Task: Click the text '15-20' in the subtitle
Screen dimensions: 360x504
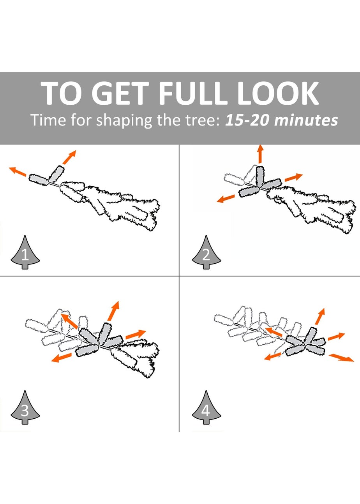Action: pyautogui.click(x=247, y=120)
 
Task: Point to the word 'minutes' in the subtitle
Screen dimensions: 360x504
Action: pyautogui.click(x=306, y=120)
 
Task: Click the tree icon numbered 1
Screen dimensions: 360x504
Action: pyautogui.click(x=25, y=252)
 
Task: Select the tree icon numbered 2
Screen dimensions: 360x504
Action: pyautogui.click(x=206, y=252)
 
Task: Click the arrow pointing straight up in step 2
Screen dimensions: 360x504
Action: pyautogui.click(x=261, y=154)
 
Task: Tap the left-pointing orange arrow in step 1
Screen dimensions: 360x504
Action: pyautogui.click(x=18, y=171)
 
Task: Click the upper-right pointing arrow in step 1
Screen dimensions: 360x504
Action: pyautogui.click(x=69, y=157)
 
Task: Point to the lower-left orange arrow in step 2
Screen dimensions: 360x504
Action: pyautogui.click(x=226, y=199)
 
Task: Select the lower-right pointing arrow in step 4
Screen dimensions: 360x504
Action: pyautogui.click(x=342, y=358)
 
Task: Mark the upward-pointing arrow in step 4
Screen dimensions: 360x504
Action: pyautogui.click(x=320, y=316)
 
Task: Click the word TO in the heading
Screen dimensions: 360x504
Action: pyautogui.click(x=61, y=93)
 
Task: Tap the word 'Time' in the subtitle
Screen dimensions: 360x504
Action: pyautogui.click(x=48, y=120)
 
